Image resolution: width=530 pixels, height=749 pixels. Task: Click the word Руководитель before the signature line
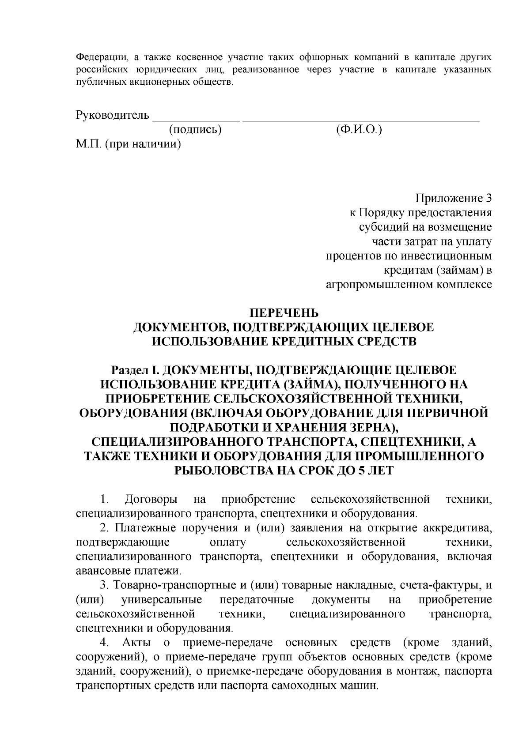[x=113, y=116]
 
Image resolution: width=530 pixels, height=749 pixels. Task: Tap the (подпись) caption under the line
[x=195, y=130]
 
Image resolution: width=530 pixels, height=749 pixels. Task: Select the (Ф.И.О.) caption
[x=359, y=130]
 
